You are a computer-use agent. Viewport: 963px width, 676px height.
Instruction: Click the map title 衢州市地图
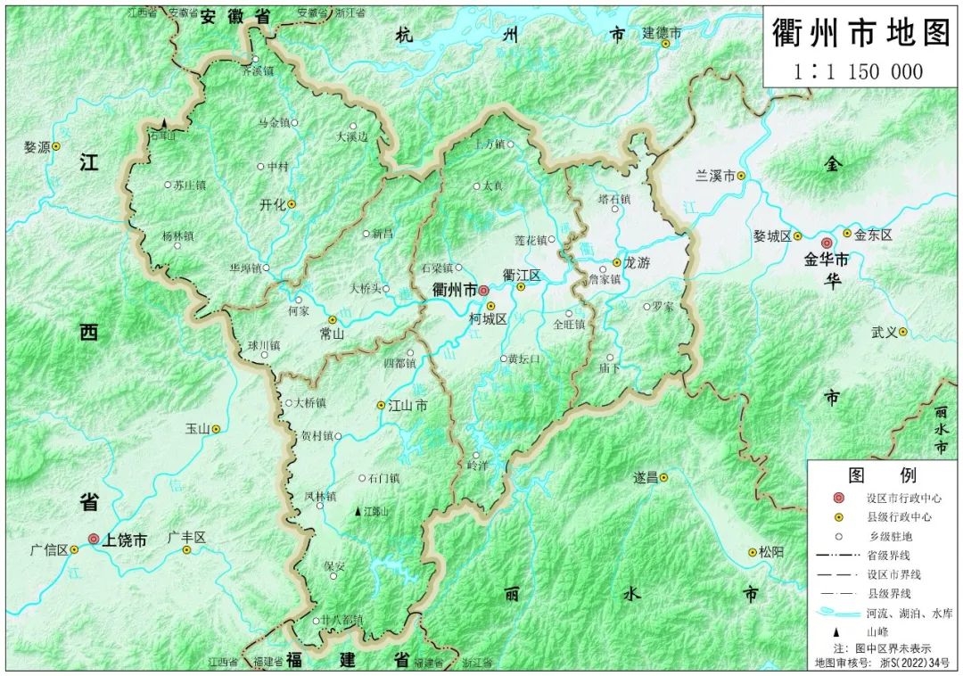[861, 35]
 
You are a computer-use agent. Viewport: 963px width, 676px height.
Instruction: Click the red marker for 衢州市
[483, 290]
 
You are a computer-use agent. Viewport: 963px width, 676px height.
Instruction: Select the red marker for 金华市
[827, 243]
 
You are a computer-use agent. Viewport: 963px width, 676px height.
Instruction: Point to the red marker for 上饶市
[94, 539]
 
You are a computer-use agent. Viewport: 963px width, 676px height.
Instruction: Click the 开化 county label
[272, 204]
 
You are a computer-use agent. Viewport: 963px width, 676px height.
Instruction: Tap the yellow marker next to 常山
[333, 319]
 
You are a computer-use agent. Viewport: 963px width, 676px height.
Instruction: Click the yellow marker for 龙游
[615, 263]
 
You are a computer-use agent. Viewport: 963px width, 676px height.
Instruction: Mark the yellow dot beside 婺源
[56, 145]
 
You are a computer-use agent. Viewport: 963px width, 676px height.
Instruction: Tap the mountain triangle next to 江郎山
[358, 512]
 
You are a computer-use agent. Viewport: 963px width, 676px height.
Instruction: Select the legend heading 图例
[883, 474]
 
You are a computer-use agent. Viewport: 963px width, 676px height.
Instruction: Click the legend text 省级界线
[888, 555]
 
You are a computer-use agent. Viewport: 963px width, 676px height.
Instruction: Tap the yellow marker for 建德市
[665, 44]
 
